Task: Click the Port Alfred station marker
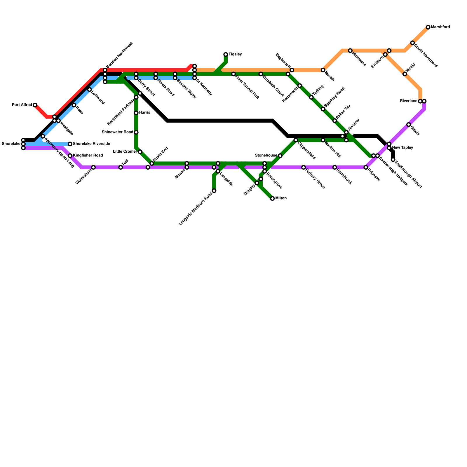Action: coord(35,105)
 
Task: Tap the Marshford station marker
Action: coord(428,27)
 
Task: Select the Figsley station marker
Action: coord(226,55)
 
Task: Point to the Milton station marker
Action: coord(272,198)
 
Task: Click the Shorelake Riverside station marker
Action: coord(70,144)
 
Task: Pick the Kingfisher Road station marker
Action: coord(70,156)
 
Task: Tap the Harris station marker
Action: coord(136,113)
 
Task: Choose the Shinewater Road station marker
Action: coord(136,132)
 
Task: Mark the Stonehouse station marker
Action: coord(280,156)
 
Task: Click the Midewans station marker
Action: coord(350,51)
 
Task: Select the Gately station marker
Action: coord(409,125)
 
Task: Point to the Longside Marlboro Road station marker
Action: coord(214,191)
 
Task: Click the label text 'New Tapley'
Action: coord(402,148)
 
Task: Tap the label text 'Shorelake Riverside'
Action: coord(91,144)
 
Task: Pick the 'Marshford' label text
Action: coord(440,27)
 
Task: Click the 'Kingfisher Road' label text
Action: coord(88,156)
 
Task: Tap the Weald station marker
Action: coord(405,74)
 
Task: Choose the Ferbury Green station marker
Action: coord(304,167)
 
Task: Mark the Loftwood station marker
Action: coord(89,90)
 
